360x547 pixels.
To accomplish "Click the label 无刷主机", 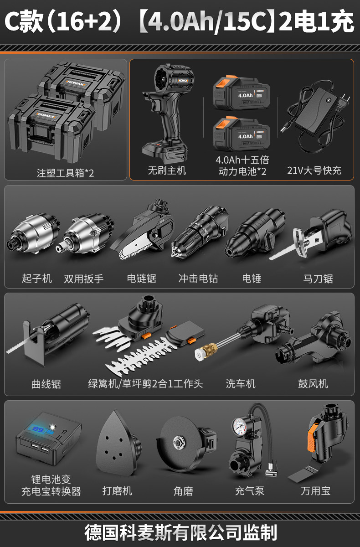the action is tap(167, 170).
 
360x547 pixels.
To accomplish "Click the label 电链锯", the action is tap(142, 279).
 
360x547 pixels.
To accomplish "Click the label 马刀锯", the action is tap(318, 279).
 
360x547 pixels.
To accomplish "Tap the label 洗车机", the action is tap(241, 384).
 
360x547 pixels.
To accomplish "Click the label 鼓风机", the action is tap(313, 384).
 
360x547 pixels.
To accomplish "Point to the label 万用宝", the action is tap(316, 490).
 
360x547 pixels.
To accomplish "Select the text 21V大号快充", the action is tap(314, 170).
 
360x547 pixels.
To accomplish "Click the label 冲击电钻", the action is tap(198, 279).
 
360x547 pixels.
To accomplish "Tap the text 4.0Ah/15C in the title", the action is tap(206, 21).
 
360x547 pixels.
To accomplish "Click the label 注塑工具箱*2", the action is tap(66, 173).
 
